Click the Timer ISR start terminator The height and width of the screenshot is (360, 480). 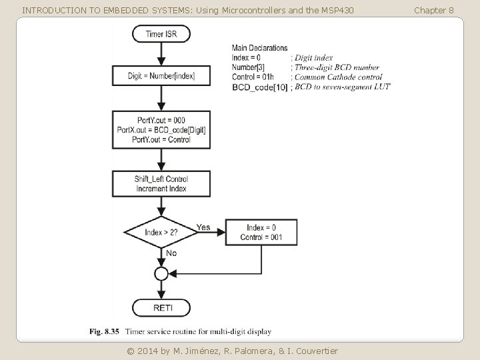point(161,33)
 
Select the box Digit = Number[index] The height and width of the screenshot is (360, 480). point(161,76)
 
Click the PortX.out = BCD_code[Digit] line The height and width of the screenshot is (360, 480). point(161,130)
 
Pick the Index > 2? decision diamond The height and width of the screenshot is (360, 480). point(161,232)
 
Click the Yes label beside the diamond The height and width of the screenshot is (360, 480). point(203,227)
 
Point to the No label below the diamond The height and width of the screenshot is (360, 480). point(171,253)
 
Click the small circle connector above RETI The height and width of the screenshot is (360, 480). point(161,273)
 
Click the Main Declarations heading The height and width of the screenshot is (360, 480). point(259,48)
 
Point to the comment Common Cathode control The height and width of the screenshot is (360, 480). point(338,77)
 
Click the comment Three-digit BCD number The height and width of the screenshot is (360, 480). point(337,67)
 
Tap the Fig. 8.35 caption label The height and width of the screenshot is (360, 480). point(105,331)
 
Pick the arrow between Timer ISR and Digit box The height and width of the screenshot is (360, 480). point(161,54)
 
